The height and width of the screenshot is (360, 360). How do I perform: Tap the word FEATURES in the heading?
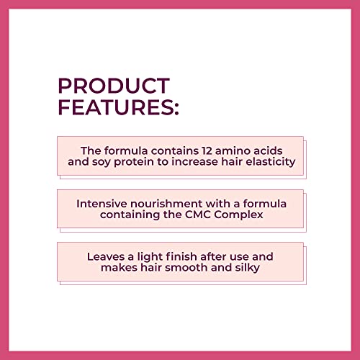[x=114, y=109]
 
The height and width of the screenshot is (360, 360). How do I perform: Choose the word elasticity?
[x=270, y=163]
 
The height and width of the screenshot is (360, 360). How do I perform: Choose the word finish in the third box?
[x=181, y=256]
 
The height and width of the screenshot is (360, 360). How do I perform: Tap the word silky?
[x=246, y=269]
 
